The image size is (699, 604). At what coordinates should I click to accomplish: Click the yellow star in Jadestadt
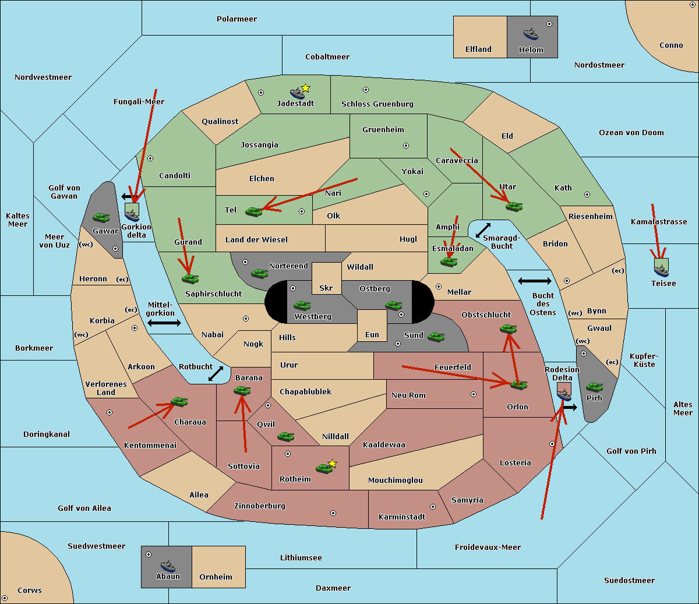tap(305, 88)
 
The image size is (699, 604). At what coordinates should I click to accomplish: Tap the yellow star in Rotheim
tap(332, 464)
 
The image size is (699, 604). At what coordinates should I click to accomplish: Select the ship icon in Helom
tap(531, 33)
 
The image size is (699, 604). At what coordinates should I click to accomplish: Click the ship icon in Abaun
tap(168, 566)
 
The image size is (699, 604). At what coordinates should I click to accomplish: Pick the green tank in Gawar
tap(101, 217)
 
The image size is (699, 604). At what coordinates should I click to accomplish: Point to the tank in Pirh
tap(594, 387)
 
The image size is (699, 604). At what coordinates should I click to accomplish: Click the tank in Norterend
tap(259, 273)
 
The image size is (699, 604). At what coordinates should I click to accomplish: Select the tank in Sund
tap(436, 337)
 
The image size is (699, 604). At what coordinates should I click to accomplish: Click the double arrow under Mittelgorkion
tap(164, 323)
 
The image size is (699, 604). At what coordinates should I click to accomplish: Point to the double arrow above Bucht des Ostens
tap(534, 281)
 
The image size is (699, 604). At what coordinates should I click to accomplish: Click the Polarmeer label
tap(236, 19)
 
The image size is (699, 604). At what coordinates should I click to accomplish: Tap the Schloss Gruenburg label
tap(377, 104)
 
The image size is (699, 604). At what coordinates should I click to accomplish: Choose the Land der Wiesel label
tap(256, 239)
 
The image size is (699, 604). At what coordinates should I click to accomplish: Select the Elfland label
tap(478, 50)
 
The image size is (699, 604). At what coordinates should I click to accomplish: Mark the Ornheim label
tap(216, 577)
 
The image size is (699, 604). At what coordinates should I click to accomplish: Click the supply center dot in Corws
tap(5, 598)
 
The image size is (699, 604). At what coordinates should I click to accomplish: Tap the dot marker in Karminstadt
tap(433, 507)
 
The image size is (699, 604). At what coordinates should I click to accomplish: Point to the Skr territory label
tap(326, 288)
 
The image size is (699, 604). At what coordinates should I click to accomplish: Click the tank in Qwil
tap(285, 436)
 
